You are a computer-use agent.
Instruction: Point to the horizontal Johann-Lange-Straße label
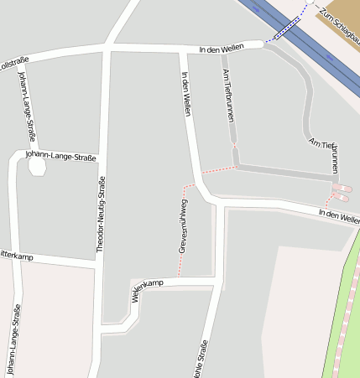pyautogui.click(x=61, y=156)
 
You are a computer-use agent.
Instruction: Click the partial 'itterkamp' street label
pyautogui.click(x=16, y=256)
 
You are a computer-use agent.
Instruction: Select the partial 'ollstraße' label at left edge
pyautogui.click(x=13, y=61)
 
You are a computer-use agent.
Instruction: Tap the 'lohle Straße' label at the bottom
pyautogui.click(x=201, y=359)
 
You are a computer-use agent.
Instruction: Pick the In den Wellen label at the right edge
pyautogui.click(x=339, y=216)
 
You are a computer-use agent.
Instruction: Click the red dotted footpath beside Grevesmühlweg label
pyautogui.click(x=179, y=251)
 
